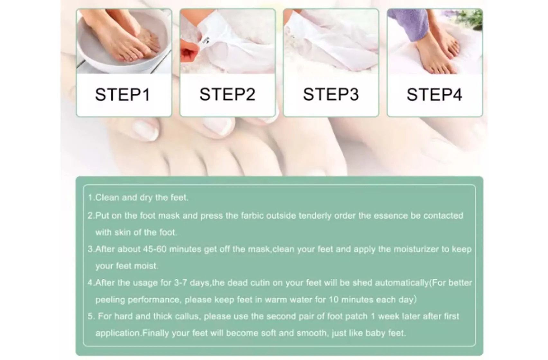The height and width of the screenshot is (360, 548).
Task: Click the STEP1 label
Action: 123,95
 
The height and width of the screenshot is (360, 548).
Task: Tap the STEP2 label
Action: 227,94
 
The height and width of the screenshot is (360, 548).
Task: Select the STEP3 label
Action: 331,94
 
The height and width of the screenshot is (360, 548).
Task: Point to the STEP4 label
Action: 434,94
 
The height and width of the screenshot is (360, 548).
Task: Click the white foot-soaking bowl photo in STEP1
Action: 124,42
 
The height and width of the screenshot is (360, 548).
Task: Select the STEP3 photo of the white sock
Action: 331,42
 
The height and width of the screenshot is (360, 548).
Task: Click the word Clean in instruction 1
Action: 107,197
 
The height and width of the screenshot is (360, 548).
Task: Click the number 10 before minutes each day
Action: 333,300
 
